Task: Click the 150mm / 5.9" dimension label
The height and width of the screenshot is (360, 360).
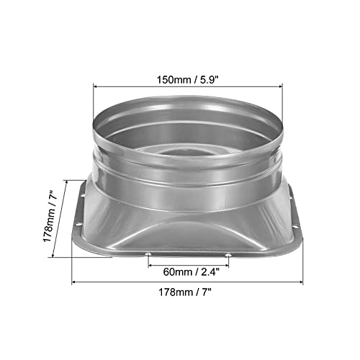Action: (187, 80)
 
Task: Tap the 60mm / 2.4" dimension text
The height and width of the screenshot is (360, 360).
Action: (191, 272)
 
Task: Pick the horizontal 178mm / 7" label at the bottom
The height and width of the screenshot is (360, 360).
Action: (185, 292)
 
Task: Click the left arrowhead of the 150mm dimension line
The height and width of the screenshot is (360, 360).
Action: (95, 86)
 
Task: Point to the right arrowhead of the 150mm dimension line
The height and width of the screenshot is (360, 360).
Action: (281, 86)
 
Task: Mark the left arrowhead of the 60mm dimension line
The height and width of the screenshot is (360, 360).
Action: (150, 266)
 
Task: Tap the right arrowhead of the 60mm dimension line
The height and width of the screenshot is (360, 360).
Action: (227, 266)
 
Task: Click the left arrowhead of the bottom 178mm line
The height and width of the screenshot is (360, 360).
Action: (74, 282)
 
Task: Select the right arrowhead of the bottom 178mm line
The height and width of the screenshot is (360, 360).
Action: (301, 282)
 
